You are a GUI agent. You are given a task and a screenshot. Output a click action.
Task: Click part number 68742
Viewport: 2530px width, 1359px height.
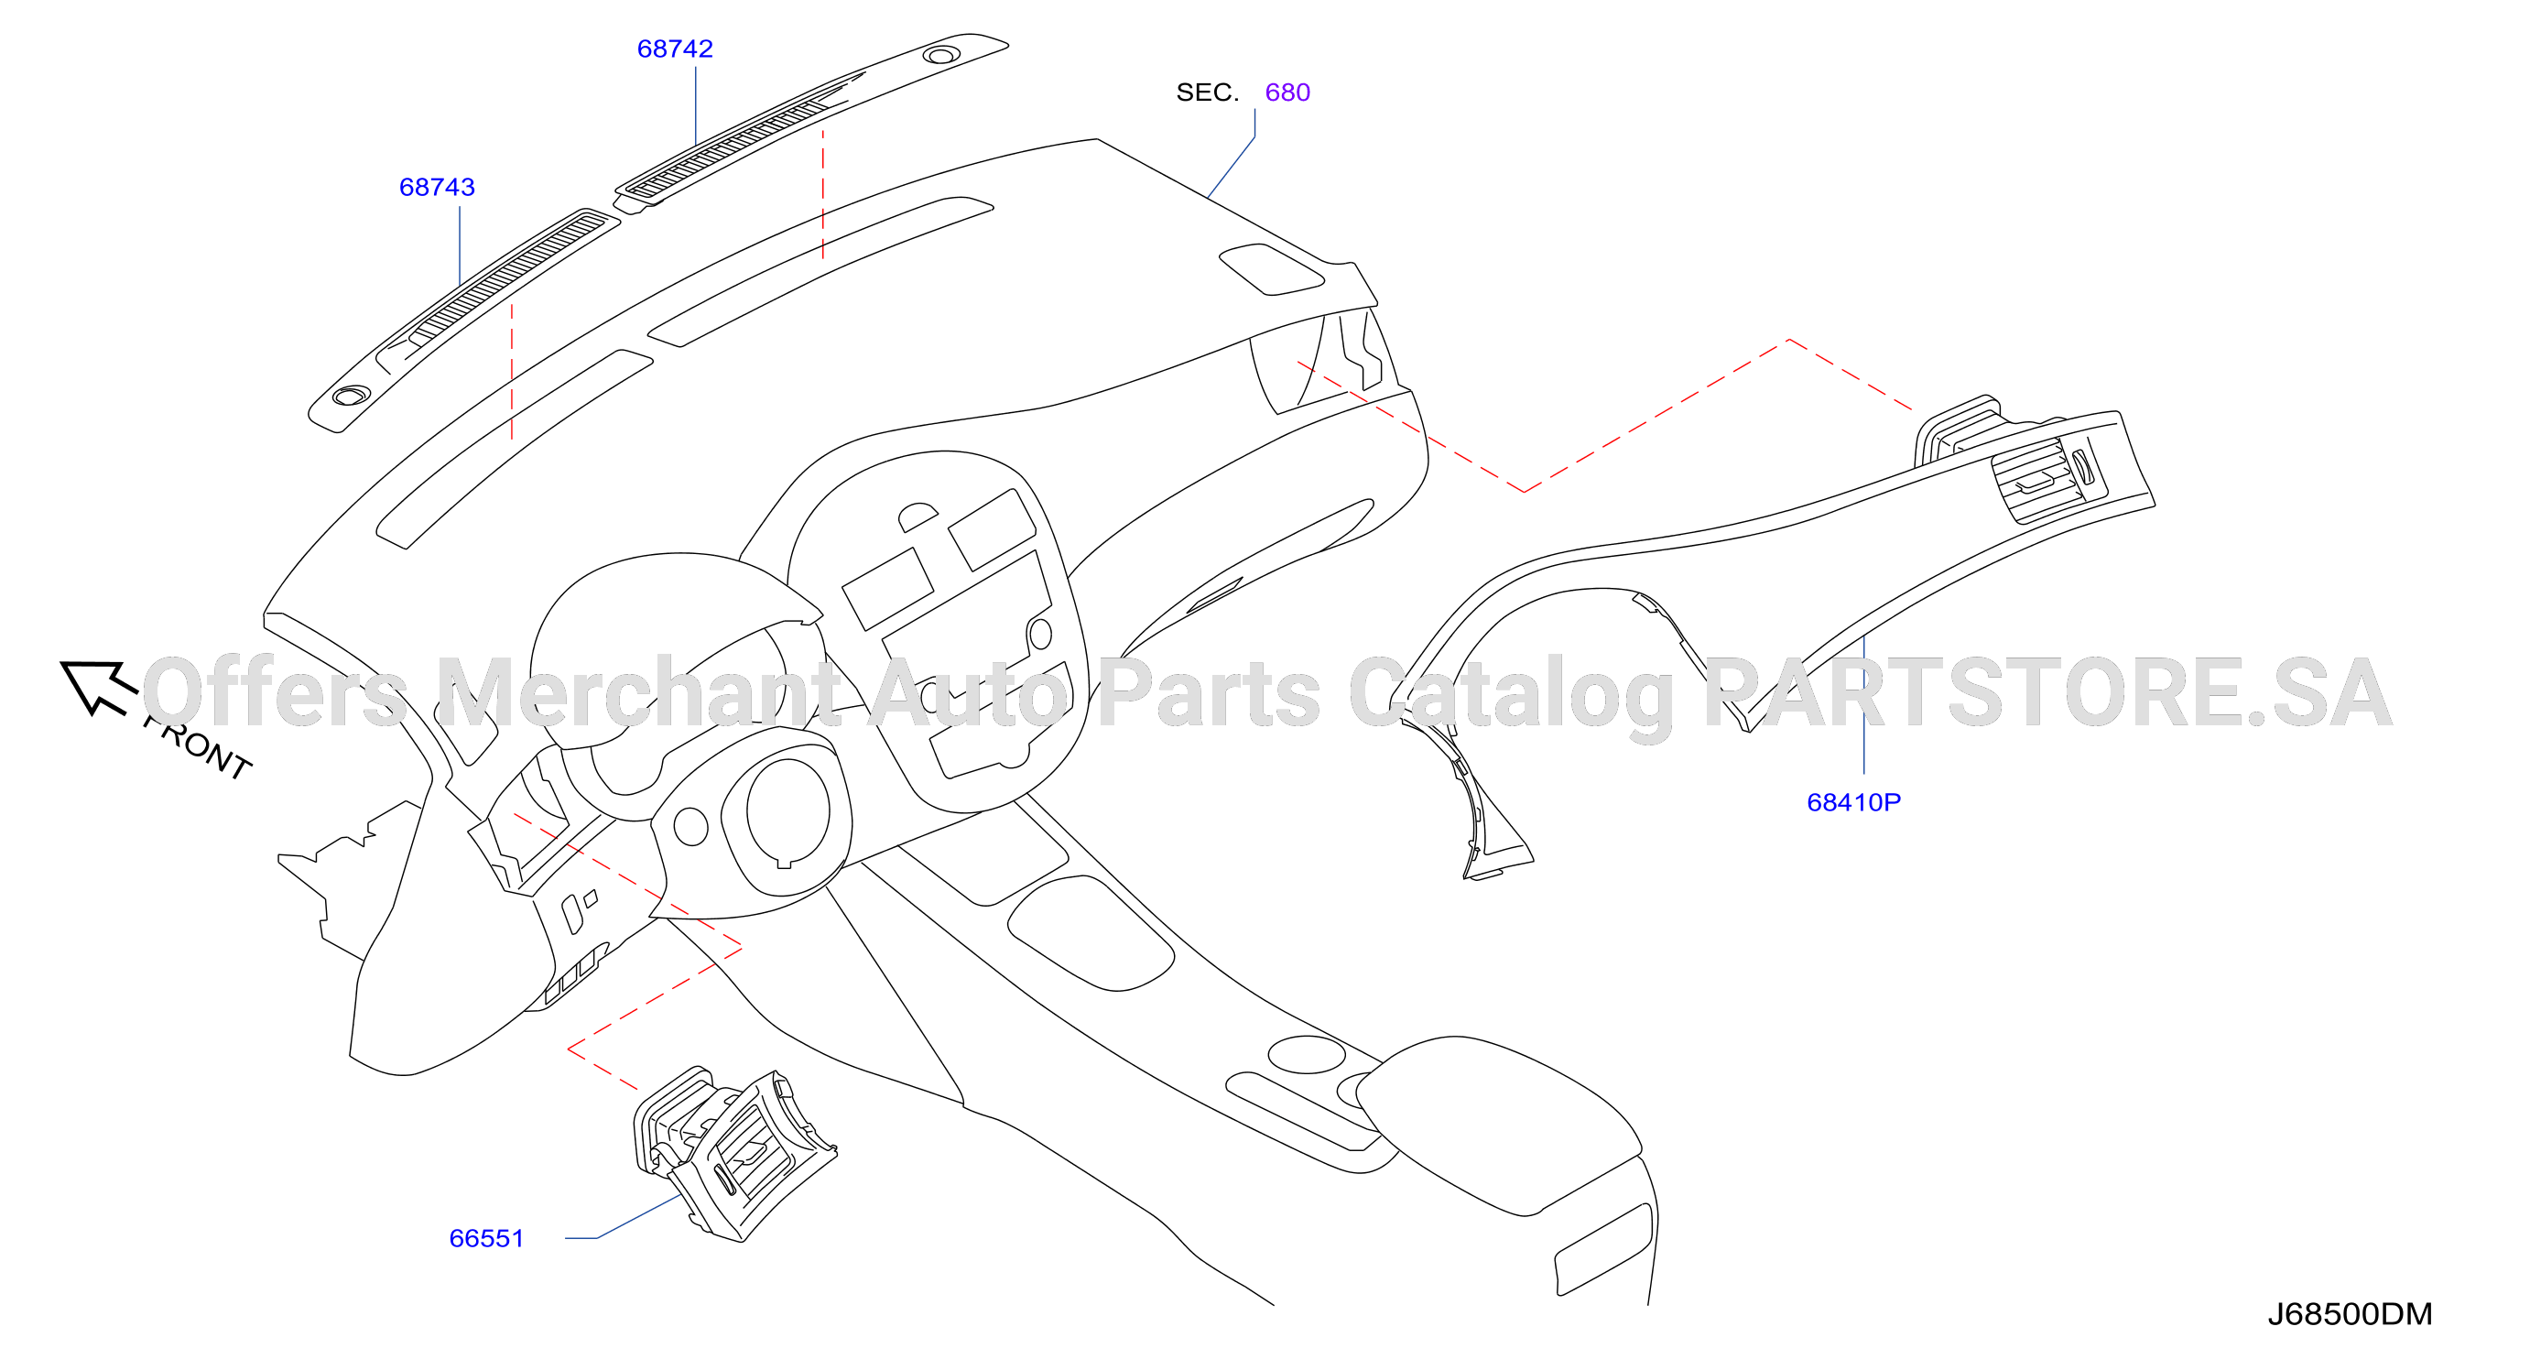(x=675, y=49)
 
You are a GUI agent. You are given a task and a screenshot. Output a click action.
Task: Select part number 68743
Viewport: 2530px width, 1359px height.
(x=437, y=188)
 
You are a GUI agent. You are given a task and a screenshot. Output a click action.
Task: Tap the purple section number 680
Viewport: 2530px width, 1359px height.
(x=1287, y=92)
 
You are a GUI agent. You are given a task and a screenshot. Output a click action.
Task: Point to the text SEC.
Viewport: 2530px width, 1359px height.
(x=1207, y=92)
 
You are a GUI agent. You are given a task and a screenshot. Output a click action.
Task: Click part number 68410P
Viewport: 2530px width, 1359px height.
(x=1853, y=802)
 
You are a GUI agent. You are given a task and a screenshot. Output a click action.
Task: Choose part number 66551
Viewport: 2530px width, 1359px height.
(x=486, y=1238)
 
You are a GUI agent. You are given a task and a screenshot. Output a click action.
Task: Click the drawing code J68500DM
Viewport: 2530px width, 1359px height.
(x=2350, y=1314)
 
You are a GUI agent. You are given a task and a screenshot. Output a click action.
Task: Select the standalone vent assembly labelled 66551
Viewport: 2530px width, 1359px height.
(x=733, y=1154)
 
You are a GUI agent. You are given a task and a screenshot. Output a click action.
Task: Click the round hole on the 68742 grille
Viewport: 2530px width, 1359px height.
(x=941, y=55)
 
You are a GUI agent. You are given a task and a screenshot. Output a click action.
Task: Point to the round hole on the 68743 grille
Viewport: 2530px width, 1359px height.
(x=351, y=396)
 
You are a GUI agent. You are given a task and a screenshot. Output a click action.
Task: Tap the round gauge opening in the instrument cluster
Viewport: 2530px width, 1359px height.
(x=787, y=811)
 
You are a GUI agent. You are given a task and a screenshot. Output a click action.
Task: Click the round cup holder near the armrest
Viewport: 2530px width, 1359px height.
(x=1307, y=1055)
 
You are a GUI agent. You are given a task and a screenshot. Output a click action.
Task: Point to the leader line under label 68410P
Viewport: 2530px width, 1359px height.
(x=1863, y=705)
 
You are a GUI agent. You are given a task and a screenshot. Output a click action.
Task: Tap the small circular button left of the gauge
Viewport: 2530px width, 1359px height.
(x=690, y=827)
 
